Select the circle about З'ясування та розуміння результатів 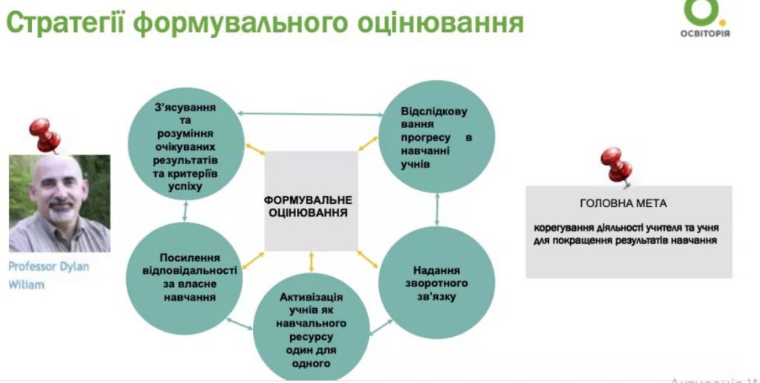[x=184, y=147]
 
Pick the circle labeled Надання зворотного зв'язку [x=436, y=282]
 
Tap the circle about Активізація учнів [x=311, y=330]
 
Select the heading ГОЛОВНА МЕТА [x=623, y=203]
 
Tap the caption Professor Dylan [x=48, y=267]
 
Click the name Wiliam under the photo [x=26, y=285]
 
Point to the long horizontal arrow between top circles [x=310, y=113]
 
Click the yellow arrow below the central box [x=311, y=261]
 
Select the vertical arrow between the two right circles [x=438, y=210]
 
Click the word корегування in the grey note [x=562, y=226]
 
